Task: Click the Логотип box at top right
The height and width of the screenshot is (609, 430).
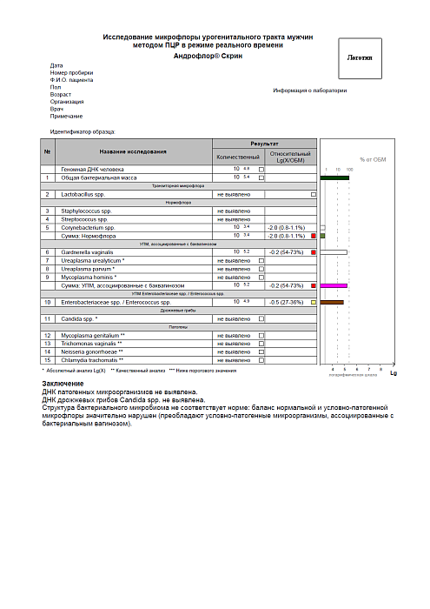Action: click(x=359, y=59)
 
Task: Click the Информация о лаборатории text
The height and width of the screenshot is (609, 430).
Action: click(x=310, y=90)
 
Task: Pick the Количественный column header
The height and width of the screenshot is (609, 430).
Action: click(x=237, y=157)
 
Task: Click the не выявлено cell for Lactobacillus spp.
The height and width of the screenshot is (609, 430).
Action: click(x=233, y=194)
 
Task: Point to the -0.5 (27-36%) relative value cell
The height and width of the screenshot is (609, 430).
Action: click(x=285, y=302)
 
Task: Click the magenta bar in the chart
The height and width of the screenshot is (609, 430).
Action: click(x=334, y=285)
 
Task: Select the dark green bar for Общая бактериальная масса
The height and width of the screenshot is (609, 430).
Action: click(x=334, y=177)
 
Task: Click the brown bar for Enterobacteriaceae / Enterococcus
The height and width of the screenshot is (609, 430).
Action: click(x=332, y=302)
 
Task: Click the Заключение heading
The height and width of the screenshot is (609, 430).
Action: click(x=63, y=384)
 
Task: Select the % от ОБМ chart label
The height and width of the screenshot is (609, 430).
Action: click(x=373, y=159)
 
